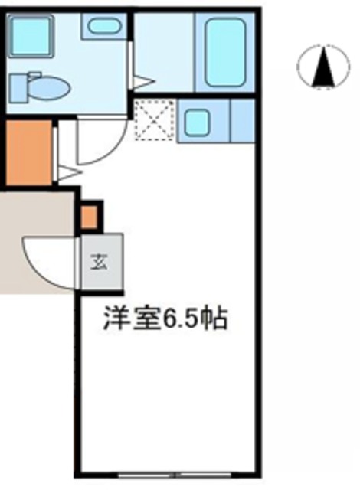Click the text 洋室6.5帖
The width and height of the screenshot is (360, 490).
pyautogui.click(x=165, y=318)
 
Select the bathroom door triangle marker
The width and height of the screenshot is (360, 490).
pyautogui.click(x=143, y=79)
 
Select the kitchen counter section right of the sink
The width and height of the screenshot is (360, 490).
pyautogui.click(x=241, y=121)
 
